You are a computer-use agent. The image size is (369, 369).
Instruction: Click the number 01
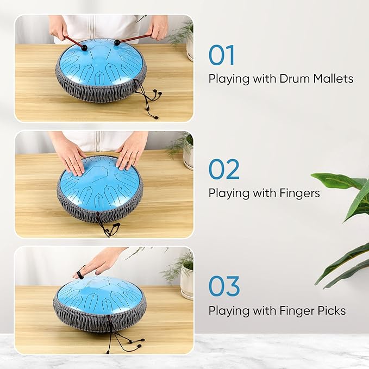click(222, 55)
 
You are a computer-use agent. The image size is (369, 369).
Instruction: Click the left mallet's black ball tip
click(84, 48)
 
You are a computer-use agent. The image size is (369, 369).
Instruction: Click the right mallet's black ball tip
click(117, 42)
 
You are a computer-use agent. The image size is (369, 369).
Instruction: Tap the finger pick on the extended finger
click(80, 274)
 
